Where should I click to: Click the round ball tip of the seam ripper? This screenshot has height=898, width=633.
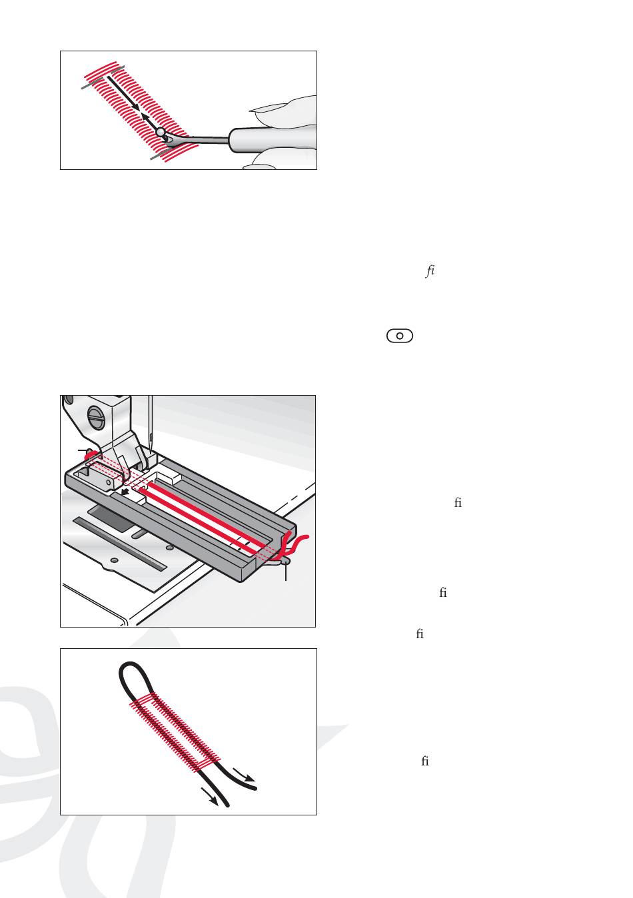coord(161,131)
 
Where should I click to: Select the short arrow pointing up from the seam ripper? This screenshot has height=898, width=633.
coord(151,122)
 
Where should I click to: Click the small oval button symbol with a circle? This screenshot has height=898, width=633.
coord(399,336)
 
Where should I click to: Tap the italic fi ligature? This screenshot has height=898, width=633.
coord(430,271)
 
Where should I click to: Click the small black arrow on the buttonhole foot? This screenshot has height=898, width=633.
coord(126,493)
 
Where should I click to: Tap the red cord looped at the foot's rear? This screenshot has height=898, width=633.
coord(91,455)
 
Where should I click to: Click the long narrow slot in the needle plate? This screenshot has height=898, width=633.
coord(119,543)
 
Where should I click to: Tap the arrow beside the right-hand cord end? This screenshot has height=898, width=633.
coord(243,775)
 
